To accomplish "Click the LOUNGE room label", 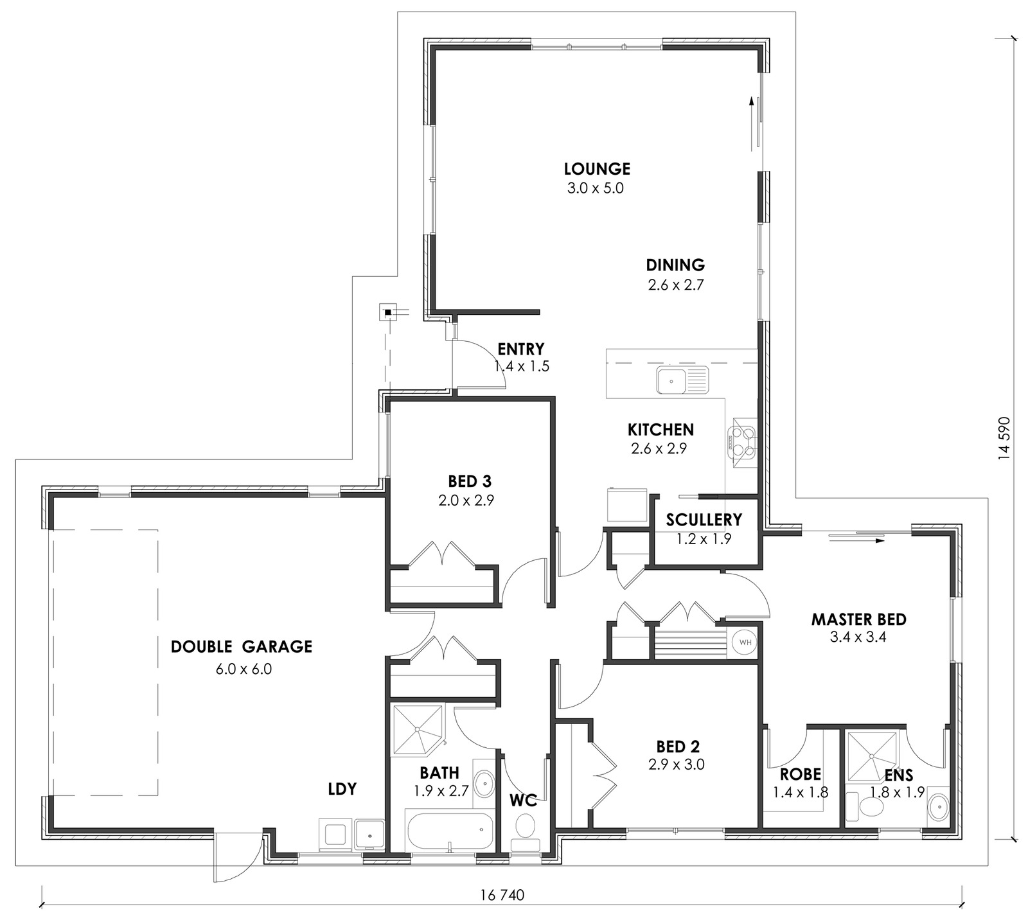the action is tap(597, 169).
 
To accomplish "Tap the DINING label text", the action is tap(675, 265).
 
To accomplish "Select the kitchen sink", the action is tap(682, 380).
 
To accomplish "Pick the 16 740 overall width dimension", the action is tap(502, 896).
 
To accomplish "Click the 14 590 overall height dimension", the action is tap(1004, 439).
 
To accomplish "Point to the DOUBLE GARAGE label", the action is tap(242, 646).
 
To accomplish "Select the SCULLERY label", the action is tap(704, 520).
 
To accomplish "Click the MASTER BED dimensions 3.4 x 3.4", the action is tap(858, 637).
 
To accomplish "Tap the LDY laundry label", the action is tap(342, 789).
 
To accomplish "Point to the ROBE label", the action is tap(801, 775).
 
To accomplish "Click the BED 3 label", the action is tap(470, 481).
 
